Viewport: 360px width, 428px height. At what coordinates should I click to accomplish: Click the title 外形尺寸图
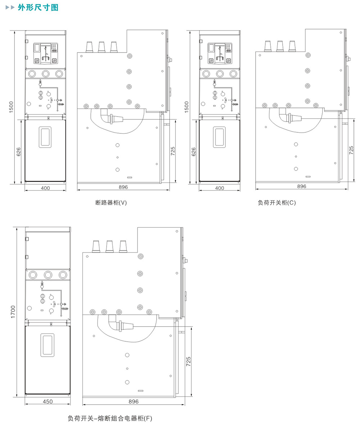(38, 7)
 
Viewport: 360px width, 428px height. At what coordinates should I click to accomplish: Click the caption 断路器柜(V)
(111, 202)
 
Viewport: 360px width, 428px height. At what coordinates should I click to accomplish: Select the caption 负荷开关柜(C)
(277, 202)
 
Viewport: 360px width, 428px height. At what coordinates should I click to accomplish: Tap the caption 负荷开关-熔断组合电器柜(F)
(110, 418)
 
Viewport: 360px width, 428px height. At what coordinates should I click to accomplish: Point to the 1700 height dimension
(13, 312)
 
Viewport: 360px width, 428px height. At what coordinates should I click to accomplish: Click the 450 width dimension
(48, 401)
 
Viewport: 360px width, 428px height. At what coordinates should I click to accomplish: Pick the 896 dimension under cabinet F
(134, 401)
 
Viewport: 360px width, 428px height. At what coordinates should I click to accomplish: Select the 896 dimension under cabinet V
(123, 187)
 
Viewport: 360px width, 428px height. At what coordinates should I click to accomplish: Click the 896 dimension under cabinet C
(302, 186)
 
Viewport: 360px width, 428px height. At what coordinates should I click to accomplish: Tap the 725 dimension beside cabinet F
(189, 361)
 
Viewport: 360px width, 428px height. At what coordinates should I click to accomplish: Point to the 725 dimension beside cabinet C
(351, 150)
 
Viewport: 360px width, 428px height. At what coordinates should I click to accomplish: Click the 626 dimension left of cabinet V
(19, 152)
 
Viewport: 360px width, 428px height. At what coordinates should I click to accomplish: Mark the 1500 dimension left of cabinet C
(186, 107)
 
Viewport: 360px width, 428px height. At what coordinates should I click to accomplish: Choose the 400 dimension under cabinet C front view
(220, 188)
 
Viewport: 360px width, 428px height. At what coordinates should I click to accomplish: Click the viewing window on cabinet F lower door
(47, 345)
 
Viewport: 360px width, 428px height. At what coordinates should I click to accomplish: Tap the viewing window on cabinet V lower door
(45, 137)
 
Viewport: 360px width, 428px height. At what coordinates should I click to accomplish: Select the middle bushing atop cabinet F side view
(109, 246)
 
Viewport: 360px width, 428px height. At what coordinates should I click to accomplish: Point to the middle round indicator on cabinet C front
(220, 74)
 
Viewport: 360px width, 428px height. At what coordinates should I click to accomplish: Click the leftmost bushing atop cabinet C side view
(268, 46)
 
